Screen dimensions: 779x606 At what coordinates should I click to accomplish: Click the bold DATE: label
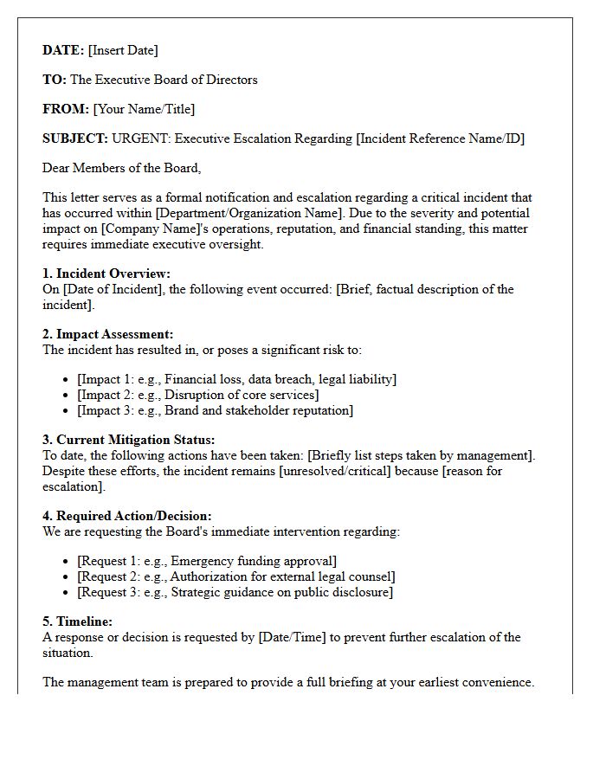pos(63,50)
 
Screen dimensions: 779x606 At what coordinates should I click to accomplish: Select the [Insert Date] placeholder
pos(123,50)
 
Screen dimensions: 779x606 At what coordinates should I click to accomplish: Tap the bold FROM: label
pos(66,109)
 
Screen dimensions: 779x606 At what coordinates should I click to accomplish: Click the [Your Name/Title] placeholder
pos(144,109)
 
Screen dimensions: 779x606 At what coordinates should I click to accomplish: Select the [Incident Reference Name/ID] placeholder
pos(441,138)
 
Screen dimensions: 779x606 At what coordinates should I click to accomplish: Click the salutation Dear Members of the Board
pos(121,168)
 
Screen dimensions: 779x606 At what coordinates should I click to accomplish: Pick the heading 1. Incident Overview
pos(106,274)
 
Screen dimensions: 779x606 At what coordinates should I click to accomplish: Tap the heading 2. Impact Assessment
pos(108,334)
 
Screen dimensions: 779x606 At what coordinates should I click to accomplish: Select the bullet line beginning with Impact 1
pos(236,379)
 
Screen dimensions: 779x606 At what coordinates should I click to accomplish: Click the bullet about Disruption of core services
pos(197,395)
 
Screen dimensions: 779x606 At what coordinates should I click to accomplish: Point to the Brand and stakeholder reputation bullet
pos(215,410)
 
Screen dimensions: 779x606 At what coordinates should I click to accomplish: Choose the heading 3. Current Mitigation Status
pos(129,440)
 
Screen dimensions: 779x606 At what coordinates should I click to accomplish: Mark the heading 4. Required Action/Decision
pos(127,516)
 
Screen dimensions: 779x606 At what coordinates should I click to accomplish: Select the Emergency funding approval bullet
pos(207,561)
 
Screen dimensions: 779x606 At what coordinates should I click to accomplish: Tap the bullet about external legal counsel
pos(235,576)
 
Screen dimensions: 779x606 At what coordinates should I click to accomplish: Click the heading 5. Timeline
pos(78,621)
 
